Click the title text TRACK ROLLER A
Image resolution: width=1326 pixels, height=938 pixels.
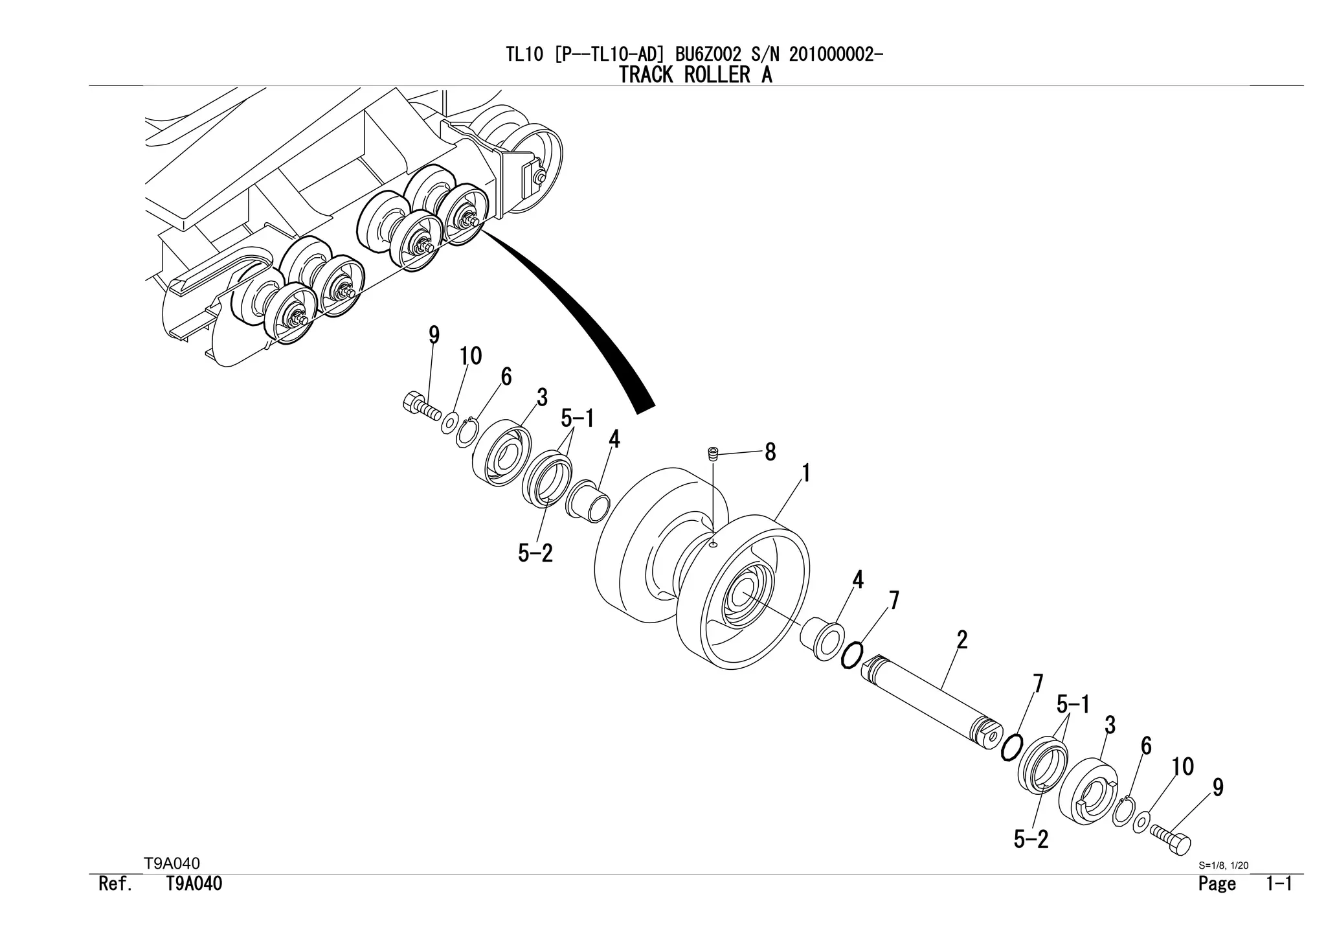[x=695, y=75]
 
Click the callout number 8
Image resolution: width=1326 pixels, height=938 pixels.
[x=770, y=452]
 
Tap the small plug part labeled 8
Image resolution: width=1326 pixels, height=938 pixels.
[x=713, y=454]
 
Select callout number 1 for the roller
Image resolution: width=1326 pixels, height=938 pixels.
[x=806, y=474]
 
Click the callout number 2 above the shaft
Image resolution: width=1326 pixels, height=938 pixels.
[x=962, y=640]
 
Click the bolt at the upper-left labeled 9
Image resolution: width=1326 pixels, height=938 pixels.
[x=418, y=407]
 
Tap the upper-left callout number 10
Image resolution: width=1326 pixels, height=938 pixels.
[x=471, y=356]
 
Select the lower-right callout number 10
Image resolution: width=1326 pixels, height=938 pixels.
[x=1182, y=767]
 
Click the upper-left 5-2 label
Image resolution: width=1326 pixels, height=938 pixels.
[x=535, y=553]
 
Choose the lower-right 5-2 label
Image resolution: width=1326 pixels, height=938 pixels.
[x=1031, y=840]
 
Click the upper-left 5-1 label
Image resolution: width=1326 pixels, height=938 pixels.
[x=577, y=418]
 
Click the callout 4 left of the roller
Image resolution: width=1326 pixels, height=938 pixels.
[x=614, y=439]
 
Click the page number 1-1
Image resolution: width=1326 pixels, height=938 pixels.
[x=1279, y=884]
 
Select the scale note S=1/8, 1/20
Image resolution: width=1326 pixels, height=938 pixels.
[x=1223, y=865]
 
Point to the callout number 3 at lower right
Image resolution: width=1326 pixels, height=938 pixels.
[x=1110, y=726]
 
